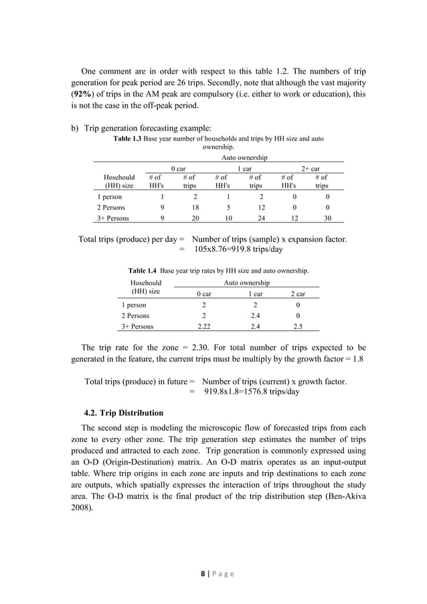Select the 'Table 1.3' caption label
tap(128, 139)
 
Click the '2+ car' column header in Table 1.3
tap(310, 169)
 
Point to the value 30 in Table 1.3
tap(327, 218)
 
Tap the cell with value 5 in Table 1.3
tap(225, 208)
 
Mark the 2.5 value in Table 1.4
tap(296, 327)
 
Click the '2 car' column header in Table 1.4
tap(296, 293)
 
